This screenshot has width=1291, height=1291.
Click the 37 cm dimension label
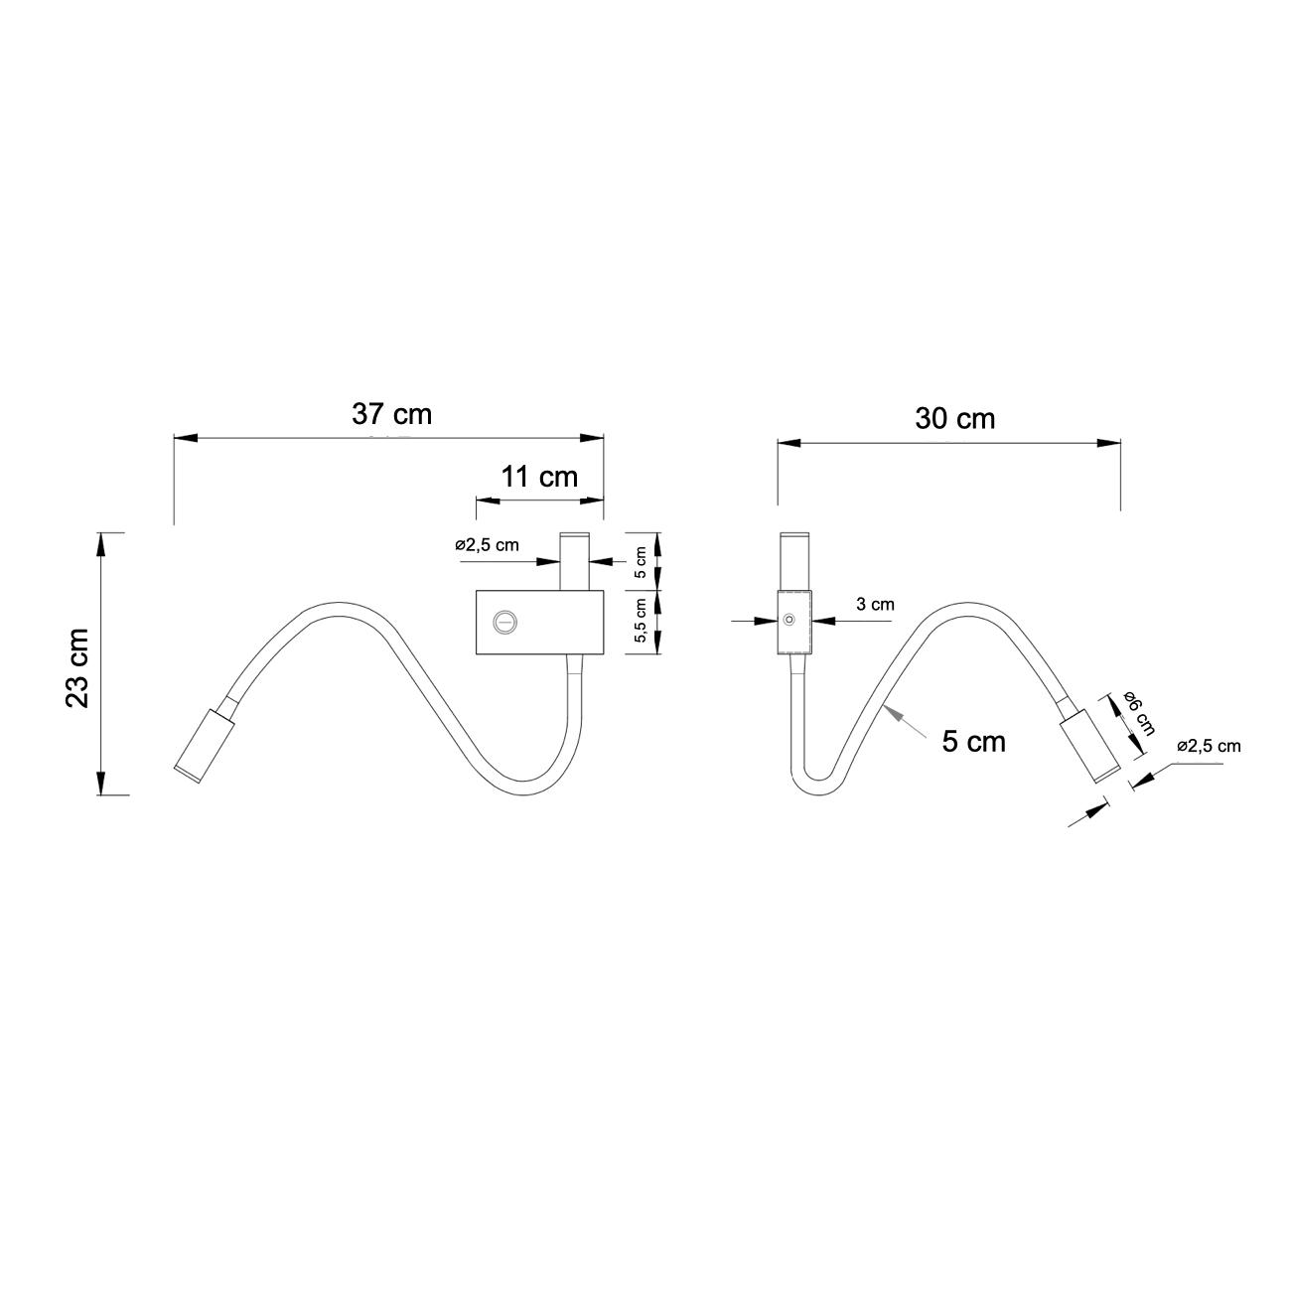click(392, 414)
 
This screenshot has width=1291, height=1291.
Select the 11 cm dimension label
click(539, 477)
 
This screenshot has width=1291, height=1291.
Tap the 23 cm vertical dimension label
click(77, 668)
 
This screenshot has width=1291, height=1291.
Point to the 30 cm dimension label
click(954, 419)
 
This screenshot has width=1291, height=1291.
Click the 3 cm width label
click(875, 605)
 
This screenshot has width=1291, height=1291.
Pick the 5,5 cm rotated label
click(641, 621)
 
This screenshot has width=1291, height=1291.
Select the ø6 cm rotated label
click(1138, 712)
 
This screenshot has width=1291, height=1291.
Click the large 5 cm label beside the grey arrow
click(973, 742)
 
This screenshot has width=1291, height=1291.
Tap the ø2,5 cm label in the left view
click(487, 544)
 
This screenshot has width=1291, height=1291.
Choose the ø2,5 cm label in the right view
click(1209, 746)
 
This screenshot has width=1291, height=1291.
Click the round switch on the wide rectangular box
click(504, 622)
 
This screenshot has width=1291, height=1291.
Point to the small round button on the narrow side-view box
click(789, 620)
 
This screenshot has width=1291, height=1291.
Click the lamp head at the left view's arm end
click(204, 745)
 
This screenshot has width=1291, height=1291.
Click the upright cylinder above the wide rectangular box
click(575, 561)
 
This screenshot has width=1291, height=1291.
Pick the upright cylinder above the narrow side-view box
click(795, 562)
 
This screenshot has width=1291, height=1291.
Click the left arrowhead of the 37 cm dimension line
click(186, 438)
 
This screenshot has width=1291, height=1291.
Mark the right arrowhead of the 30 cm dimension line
click(1109, 443)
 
